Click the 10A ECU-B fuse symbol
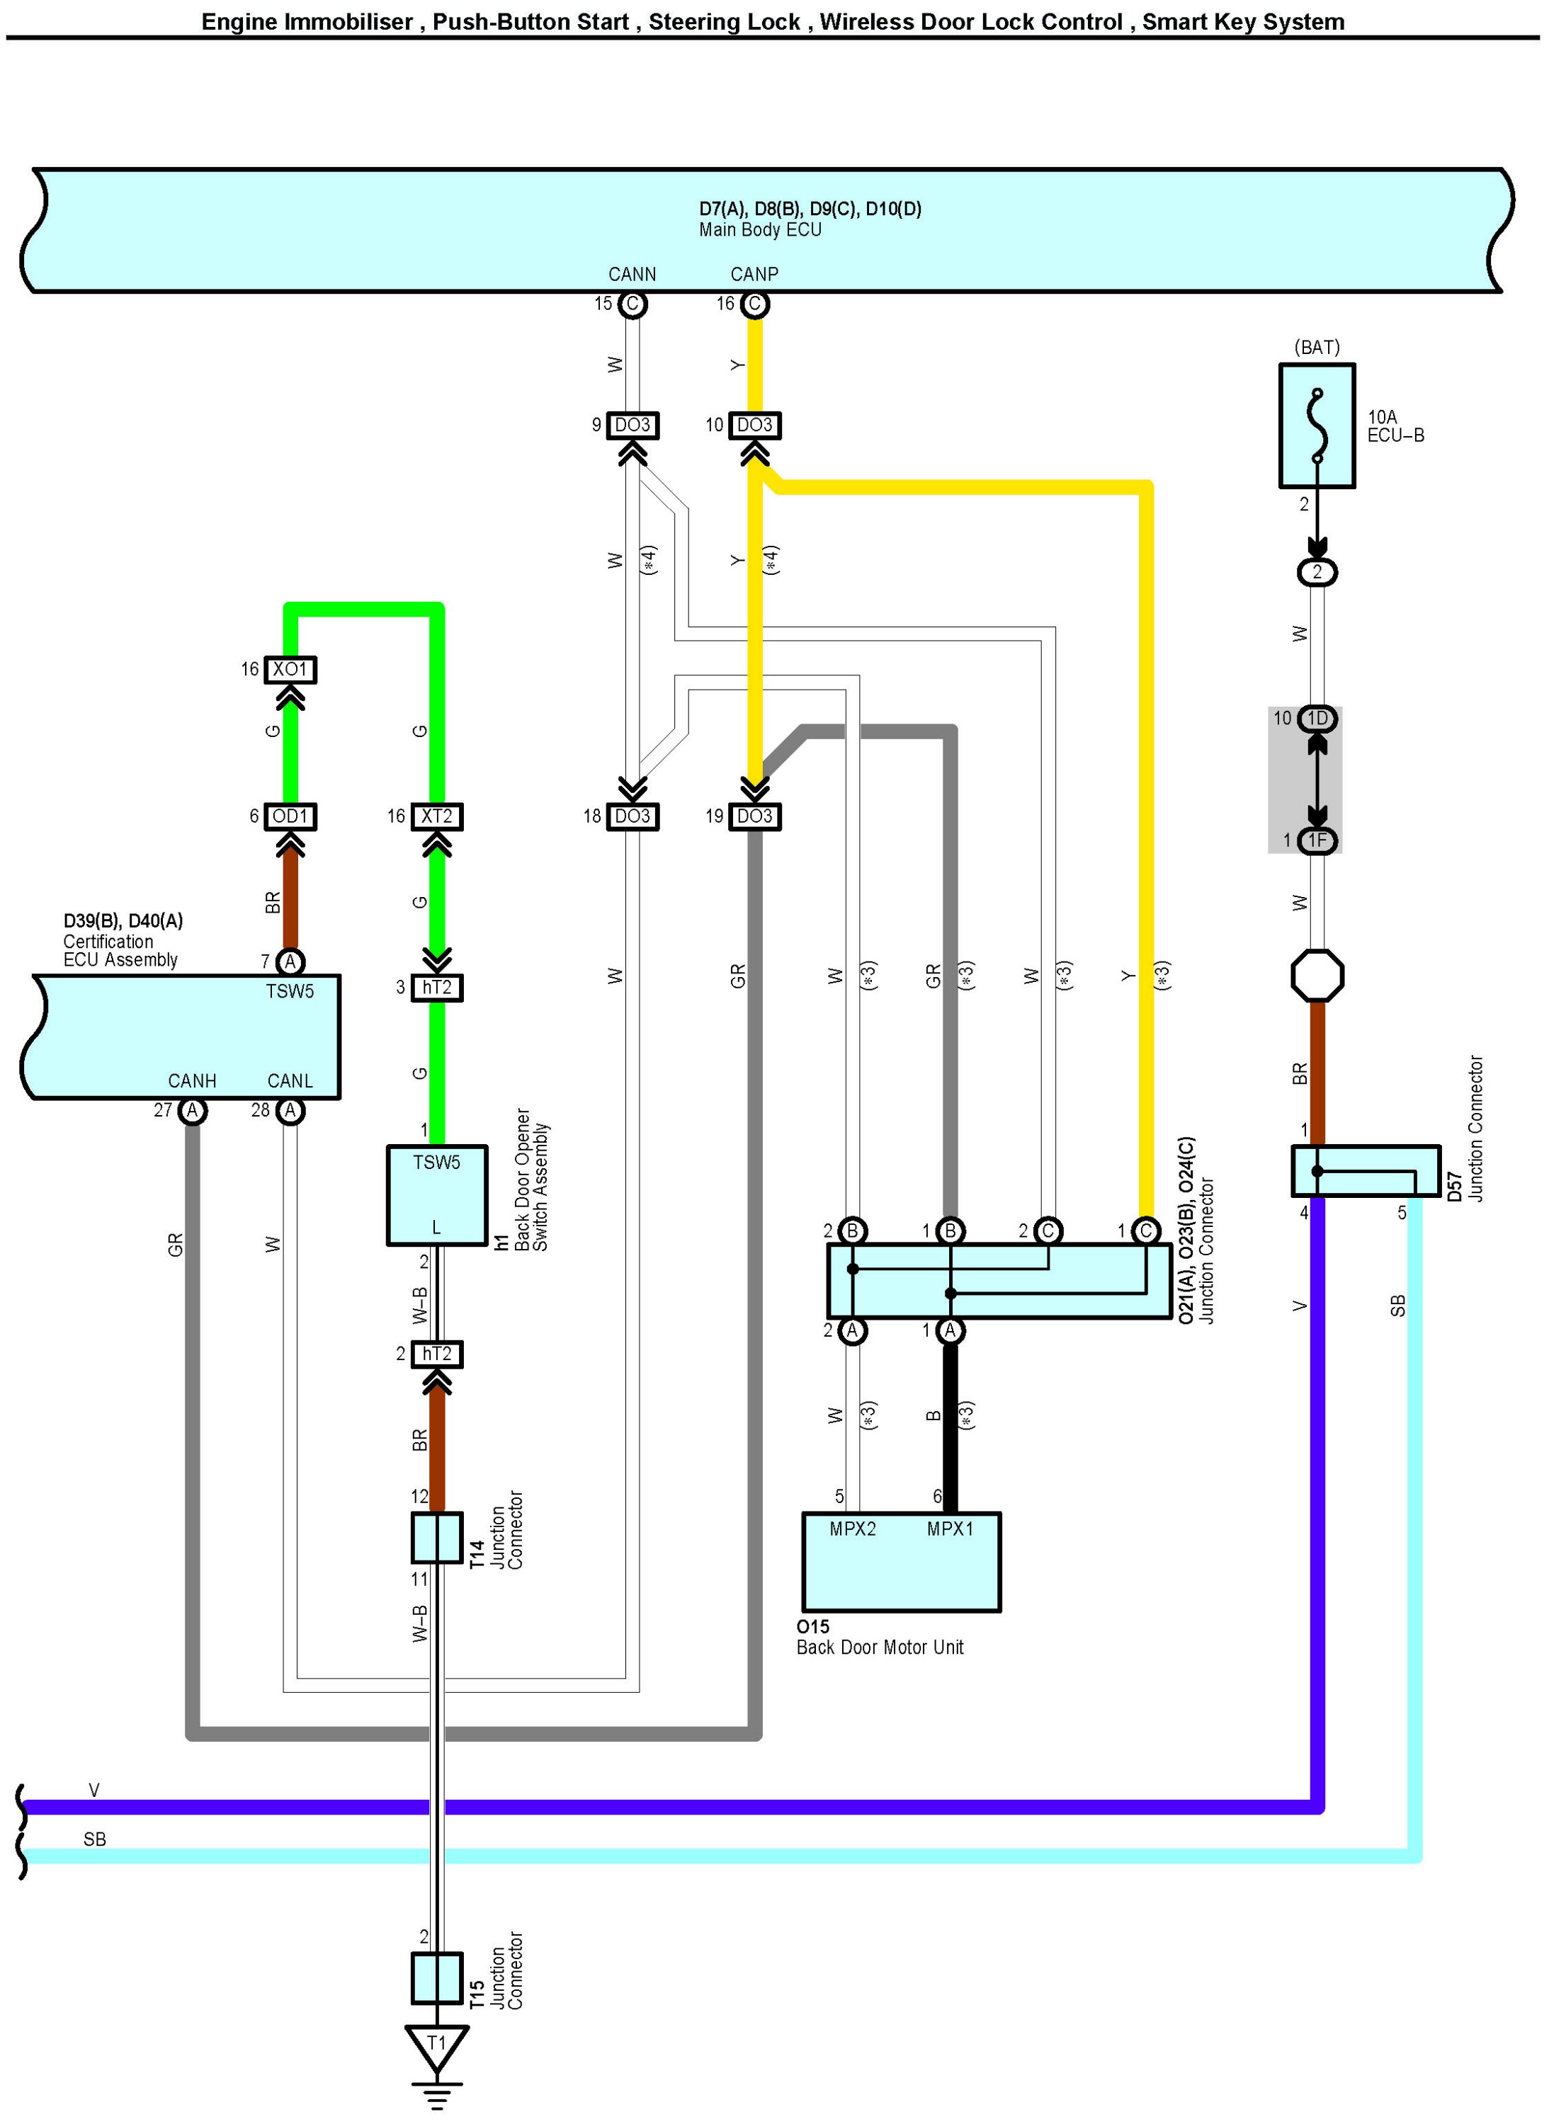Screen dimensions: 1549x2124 click(x=1317, y=426)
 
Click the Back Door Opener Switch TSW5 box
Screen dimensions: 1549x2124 click(x=437, y=1195)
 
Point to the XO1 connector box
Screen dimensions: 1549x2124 click(x=290, y=669)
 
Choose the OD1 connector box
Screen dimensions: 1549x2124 click(x=290, y=816)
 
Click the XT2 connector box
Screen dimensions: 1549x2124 click(x=437, y=816)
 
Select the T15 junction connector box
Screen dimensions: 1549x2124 click(x=437, y=1977)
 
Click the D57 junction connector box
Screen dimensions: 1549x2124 click(x=1366, y=1171)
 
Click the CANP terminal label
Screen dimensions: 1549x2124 click(x=755, y=275)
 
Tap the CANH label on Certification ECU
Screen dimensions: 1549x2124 click(x=192, y=1080)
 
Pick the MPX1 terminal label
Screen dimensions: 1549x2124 click(x=950, y=1529)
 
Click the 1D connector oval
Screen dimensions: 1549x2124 click(x=1317, y=719)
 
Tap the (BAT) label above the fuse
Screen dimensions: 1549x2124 click(x=1317, y=347)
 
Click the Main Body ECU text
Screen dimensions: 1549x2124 click(x=761, y=229)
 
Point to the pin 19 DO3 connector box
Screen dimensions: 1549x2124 click(x=755, y=816)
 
